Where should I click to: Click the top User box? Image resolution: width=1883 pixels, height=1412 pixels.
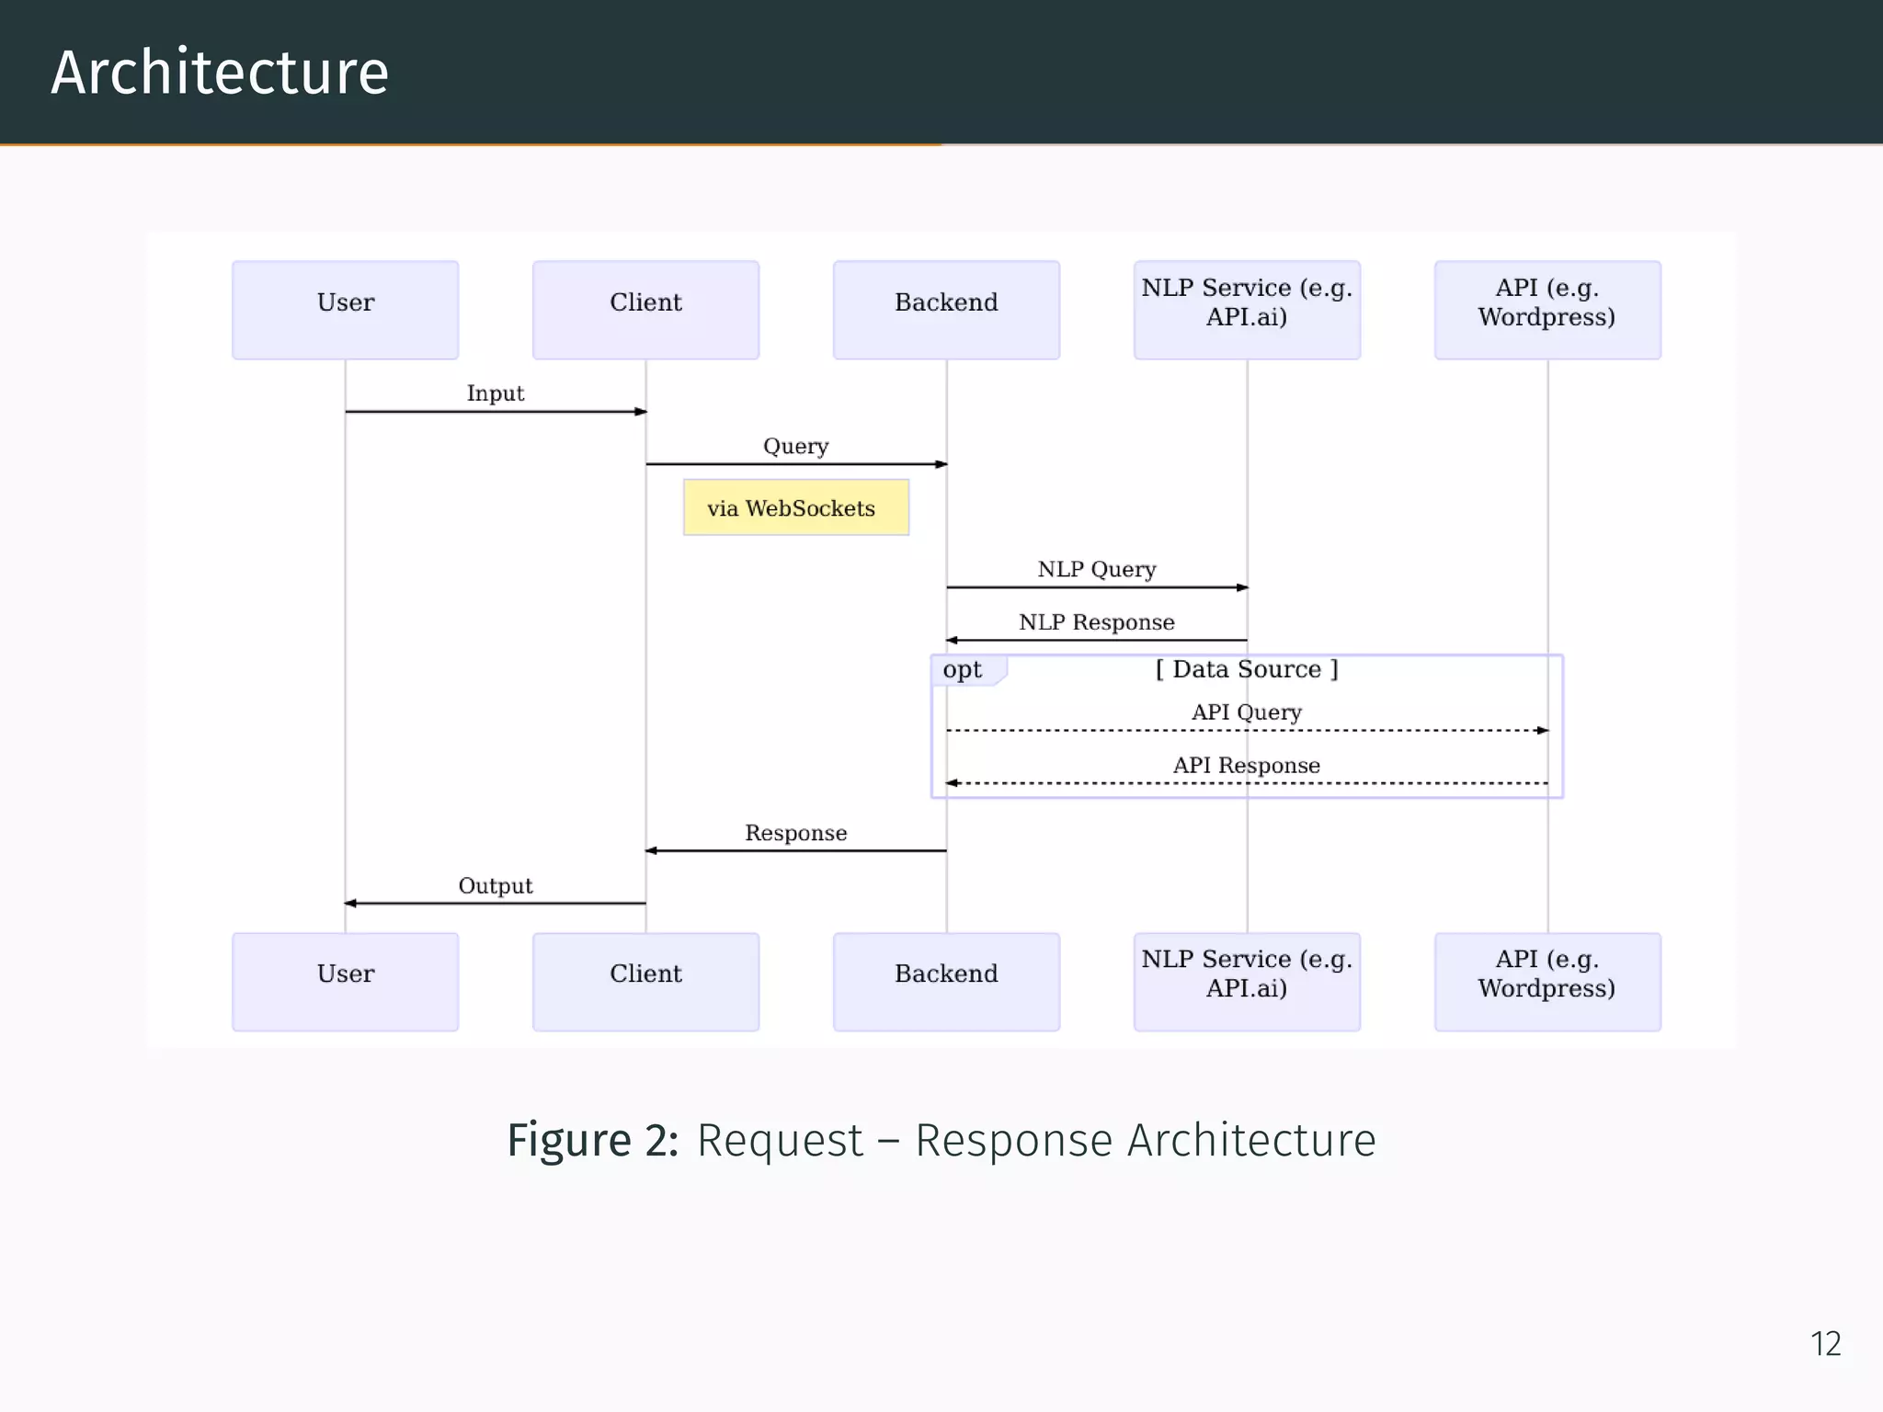(x=345, y=310)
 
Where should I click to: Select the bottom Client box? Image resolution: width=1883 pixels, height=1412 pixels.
(x=645, y=981)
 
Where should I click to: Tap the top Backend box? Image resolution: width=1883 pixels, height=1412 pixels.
(x=946, y=310)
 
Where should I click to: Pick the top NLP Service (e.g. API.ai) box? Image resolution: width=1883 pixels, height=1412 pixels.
(x=1246, y=310)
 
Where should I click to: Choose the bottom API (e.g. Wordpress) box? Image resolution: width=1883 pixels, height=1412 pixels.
(x=1546, y=981)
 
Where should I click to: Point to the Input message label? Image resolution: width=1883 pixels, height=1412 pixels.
(x=495, y=393)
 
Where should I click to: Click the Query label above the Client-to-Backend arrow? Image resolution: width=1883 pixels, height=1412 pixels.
(x=795, y=446)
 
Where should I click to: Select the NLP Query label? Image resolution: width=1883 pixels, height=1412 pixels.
(x=1096, y=569)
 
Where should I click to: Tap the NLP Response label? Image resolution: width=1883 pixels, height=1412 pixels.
(x=1096, y=622)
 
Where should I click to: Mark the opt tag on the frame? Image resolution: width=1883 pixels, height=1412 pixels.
(x=962, y=669)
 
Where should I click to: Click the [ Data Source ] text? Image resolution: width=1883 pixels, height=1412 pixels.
(x=1246, y=669)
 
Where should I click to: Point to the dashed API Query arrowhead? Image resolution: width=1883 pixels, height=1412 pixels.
(x=1543, y=731)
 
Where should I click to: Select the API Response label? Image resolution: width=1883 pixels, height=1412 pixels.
(x=1246, y=765)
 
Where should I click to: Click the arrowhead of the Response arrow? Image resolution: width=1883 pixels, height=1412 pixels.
(x=651, y=850)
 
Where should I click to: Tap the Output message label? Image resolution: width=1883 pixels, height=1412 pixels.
(x=495, y=885)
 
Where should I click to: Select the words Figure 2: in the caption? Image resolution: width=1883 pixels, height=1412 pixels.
(x=593, y=1140)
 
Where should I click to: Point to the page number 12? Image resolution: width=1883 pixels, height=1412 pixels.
(x=1825, y=1344)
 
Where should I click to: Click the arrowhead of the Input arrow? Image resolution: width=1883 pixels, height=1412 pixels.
(x=641, y=412)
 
